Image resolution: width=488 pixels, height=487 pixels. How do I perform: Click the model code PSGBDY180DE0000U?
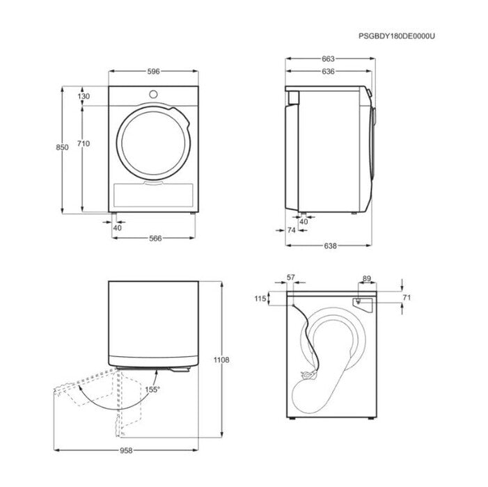pos(397,36)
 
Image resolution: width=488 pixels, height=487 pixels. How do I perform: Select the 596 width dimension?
pos(153,72)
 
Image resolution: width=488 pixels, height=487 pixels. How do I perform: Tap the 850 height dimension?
pos(62,147)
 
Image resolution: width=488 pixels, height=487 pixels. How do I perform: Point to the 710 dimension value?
pos(84,143)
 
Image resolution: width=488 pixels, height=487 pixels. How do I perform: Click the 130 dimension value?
pos(84,96)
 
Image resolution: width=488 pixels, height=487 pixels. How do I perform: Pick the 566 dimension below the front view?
pos(155,238)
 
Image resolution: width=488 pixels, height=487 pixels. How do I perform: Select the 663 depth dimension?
pos(329,58)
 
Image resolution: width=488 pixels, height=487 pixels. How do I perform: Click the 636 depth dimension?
pos(329,72)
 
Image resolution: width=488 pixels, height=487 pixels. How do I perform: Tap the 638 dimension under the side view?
pos(330,246)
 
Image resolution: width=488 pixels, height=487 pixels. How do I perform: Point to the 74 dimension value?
pos(291,230)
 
